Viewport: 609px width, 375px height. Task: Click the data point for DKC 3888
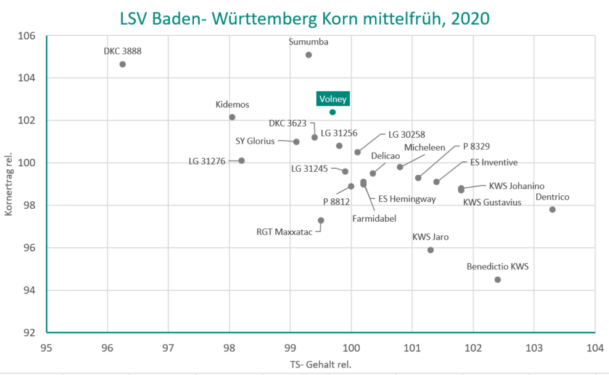point(122,64)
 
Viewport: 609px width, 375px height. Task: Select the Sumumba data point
point(309,55)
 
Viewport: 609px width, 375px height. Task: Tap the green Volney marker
point(333,112)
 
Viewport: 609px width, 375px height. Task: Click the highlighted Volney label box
point(333,98)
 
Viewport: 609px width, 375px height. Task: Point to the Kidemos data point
point(232,117)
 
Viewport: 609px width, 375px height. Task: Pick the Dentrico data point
point(552,209)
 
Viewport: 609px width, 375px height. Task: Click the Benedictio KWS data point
point(498,280)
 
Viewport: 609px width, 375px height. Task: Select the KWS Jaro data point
point(431,250)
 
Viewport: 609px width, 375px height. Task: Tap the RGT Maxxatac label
point(284,232)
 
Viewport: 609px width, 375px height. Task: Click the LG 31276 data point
point(241,161)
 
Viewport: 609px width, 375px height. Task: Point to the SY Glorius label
point(255,141)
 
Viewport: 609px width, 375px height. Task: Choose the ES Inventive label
point(494,162)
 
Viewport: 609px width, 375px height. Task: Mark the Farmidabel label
point(374,218)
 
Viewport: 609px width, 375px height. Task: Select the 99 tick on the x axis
point(291,347)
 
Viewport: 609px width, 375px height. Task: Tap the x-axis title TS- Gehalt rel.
point(320,364)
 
